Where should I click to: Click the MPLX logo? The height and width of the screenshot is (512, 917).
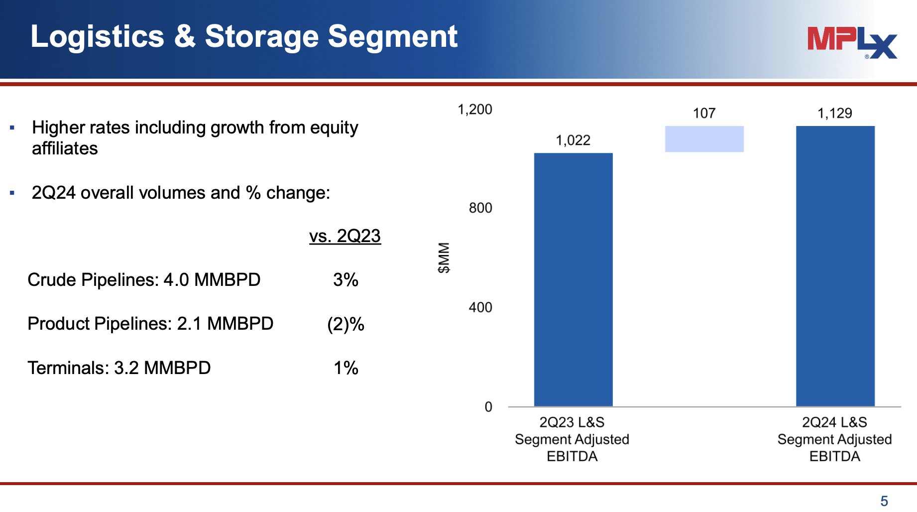(852, 42)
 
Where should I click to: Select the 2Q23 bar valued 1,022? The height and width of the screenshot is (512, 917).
(573, 279)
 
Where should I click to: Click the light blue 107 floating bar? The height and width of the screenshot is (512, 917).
(704, 139)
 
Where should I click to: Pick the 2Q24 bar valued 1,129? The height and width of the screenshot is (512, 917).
(835, 266)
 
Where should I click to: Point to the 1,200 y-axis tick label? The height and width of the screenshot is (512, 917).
(474, 110)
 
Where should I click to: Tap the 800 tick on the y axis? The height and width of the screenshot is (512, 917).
(480, 208)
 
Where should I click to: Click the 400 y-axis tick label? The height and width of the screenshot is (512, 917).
(480, 307)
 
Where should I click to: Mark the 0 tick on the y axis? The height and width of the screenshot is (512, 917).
(488, 407)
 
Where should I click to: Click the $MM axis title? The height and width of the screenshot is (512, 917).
(444, 257)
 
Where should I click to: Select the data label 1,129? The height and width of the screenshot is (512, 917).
(834, 114)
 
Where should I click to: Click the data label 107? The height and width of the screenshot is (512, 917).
(704, 114)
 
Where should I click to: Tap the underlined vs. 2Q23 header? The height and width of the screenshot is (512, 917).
(344, 236)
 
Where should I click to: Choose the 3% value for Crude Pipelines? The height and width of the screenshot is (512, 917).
(345, 280)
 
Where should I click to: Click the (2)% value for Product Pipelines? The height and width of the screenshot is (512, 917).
(345, 324)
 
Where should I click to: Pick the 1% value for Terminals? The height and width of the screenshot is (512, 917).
(345, 368)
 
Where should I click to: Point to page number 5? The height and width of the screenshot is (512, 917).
(884, 501)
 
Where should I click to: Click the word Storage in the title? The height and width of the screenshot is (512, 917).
(261, 36)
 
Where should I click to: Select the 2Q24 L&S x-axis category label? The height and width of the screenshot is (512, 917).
(834, 439)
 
